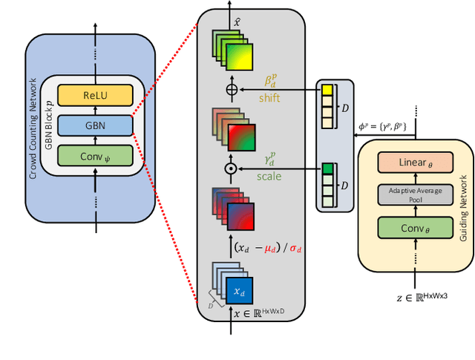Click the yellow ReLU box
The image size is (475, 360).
95,96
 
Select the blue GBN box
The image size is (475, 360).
95,125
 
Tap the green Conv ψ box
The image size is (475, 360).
95,156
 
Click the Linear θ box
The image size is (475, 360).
415,162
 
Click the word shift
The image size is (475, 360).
270,97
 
